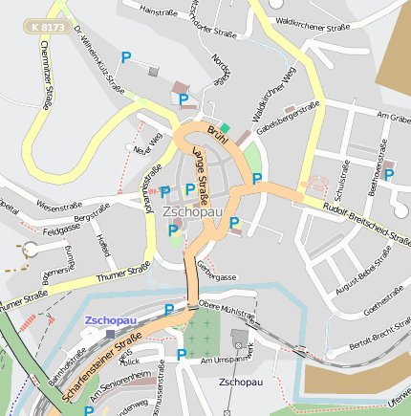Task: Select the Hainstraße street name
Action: click(x=161, y=12)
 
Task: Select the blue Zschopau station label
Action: click(x=111, y=320)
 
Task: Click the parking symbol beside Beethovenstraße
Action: click(x=389, y=175)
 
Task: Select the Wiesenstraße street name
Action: click(x=58, y=205)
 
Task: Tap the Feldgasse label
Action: click(x=61, y=230)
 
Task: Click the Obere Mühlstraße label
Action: click(x=227, y=307)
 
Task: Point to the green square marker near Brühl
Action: click(x=225, y=127)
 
